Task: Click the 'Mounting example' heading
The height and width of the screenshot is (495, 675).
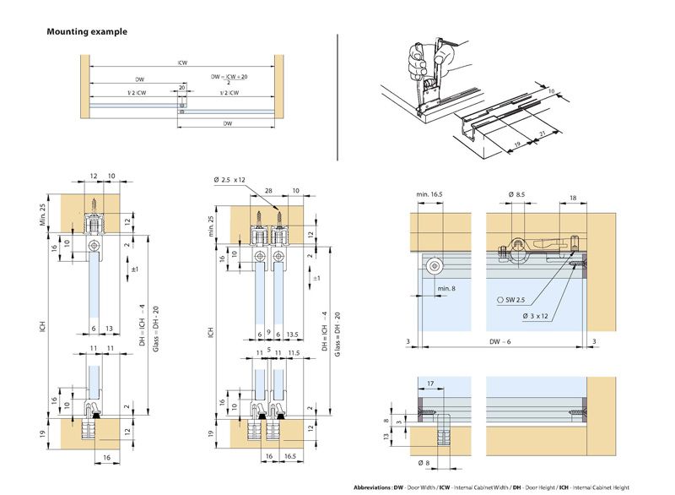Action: (87, 32)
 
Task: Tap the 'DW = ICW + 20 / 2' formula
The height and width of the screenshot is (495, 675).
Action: (229, 79)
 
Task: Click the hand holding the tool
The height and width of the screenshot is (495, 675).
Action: (418, 60)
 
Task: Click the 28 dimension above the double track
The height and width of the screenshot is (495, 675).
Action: (268, 192)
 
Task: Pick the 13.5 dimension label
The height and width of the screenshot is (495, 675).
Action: (294, 332)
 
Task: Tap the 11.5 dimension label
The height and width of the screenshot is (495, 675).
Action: (294, 349)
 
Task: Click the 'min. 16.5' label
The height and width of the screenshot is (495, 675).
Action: (430, 195)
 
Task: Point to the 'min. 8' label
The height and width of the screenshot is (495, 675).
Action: (447, 290)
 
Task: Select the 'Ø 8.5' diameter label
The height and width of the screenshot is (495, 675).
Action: (517, 195)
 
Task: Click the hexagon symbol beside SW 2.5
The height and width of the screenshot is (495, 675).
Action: (502, 300)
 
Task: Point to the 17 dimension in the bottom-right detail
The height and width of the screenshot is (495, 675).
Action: (431, 383)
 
